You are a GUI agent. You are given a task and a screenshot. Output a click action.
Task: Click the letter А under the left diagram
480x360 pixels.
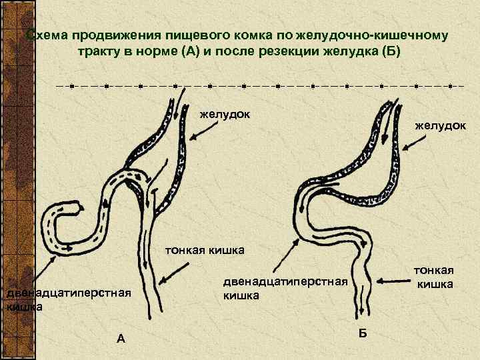pyautogui.click(x=121, y=338)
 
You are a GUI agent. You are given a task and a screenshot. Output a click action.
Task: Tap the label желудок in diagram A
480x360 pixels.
pyautogui.click(x=225, y=114)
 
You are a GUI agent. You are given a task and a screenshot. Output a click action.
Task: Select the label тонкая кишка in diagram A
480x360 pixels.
pyautogui.click(x=205, y=251)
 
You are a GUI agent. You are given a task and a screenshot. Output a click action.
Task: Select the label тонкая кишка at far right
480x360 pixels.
pyautogui.click(x=434, y=277)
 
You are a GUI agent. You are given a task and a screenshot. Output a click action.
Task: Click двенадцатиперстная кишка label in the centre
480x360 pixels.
pyautogui.click(x=285, y=288)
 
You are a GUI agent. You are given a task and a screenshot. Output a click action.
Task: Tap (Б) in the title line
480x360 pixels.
pyautogui.click(x=389, y=51)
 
